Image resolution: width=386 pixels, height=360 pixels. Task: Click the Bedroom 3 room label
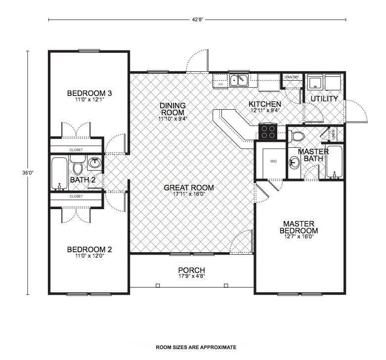(89, 93)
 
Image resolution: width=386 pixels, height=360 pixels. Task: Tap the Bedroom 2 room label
(89, 249)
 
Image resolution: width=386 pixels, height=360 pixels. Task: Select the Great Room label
(189, 187)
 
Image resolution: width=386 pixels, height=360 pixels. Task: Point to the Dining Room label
(172, 109)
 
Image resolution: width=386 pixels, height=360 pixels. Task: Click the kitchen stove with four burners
(268, 132)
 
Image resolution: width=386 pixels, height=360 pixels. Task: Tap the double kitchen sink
(239, 80)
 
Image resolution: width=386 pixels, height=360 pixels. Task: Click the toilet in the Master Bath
(298, 136)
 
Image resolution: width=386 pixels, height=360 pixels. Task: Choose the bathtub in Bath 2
(59, 173)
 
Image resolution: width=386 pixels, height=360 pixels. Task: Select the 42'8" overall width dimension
(197, 20)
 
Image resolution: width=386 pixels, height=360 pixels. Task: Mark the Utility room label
(324, 99)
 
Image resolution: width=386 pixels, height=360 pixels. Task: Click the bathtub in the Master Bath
(335, 162)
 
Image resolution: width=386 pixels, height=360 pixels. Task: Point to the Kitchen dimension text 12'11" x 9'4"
(265, 111)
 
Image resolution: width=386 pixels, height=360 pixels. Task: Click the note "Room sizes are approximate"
(196, 347)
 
